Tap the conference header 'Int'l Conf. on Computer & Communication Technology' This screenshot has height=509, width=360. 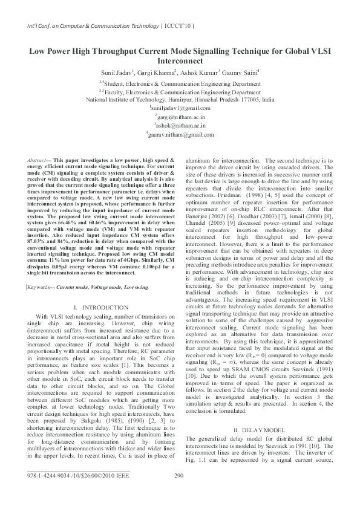(82, 25)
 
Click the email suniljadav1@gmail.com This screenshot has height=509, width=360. (180, 108)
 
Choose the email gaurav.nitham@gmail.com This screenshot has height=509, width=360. (180, 135)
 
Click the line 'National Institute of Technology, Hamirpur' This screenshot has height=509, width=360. (180, 99)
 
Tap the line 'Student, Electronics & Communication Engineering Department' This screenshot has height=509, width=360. (180, 82)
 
